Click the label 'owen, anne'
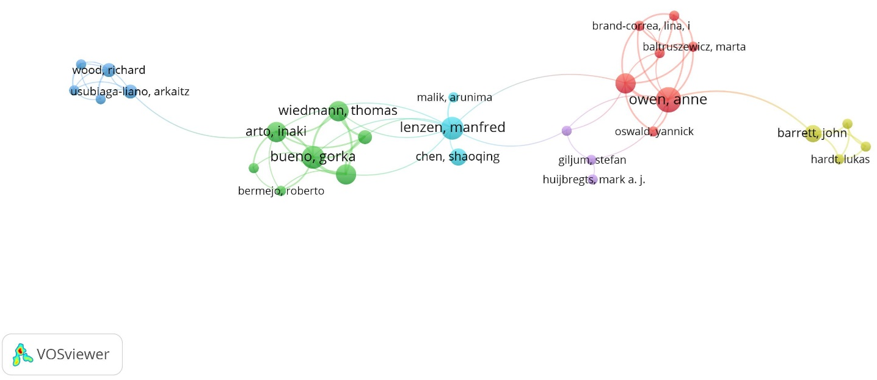pyautogui.click(x=668, y=100)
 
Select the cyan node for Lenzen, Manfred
pyautogui.click(x=451, y=127)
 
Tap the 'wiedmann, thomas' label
pyautogui.click(x=338, y=111)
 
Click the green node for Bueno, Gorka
pyautogui.click(x=313, y=157)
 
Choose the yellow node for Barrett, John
pyautogui.click(x=812, y=133)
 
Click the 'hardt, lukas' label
pyautogui.click(x=840, y=159)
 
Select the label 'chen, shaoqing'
pyautogui.click(x=457, y=156)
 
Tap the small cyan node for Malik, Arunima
pyautogui.click(x=453, y=97)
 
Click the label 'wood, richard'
pyautogui.click(x=109, y=70)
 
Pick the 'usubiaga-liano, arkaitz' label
pyautogui.click(x=130, y=92)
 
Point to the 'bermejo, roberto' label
pyautogui.click(x=281, y=191)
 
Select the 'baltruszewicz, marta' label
pyautogui.click(x=694, y=46)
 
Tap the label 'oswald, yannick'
pyautogui.click(x=654, y=131)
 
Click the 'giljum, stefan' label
pyautogui.click(x=592, y=160)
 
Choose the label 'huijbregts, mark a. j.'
pyautogui.click(x=594, y=180)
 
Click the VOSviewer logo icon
pyautogui.click(x=23, y=354)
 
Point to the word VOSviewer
pyautogui.click(x=73, y=354)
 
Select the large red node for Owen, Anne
pyautogui.click(x=669, y=100)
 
